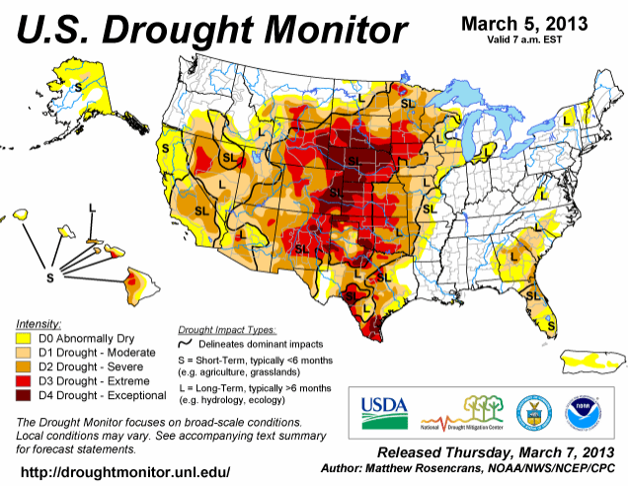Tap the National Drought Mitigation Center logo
pyautogui.click(x=459, y=410)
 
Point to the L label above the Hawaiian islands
pyautogui.click(x=92, y=208)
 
